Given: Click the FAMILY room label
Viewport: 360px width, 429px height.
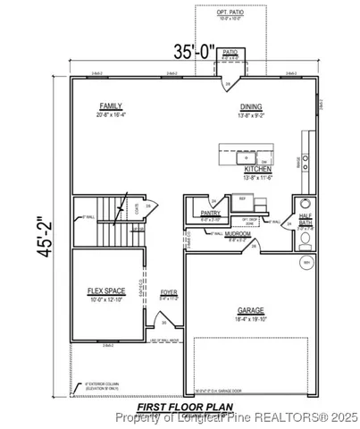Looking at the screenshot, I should [110, 105].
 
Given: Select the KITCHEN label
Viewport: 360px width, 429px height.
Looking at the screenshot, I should [258, 169].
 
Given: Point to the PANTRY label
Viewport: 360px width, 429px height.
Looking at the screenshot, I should [210, 214].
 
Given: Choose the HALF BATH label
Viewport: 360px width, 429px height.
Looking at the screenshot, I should [305, 218].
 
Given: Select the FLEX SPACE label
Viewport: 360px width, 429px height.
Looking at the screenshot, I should [101, 290].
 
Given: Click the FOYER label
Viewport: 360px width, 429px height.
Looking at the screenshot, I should [168, 292].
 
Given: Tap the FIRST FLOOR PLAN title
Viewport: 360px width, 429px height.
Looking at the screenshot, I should [184, 405].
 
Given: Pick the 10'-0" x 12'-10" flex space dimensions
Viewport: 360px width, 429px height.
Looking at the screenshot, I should [101, 299].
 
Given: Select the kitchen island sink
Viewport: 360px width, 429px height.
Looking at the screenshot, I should [265, 158].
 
